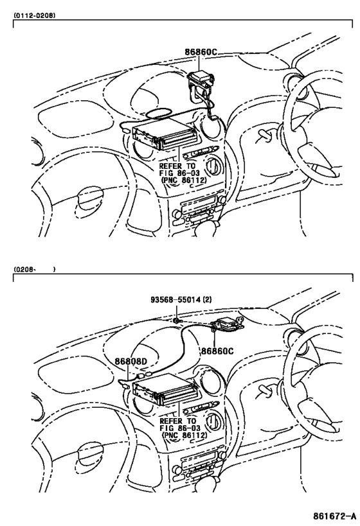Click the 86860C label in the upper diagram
click(x=201, y=52)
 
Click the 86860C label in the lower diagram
click(x=217, y=351)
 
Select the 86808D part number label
click(x=131, y=362)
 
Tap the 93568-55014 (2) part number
click(x=181, y=299)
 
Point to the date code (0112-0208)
click(x=35, y=15)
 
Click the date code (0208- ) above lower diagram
click(x=35, y=269)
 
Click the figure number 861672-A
click(x=334, y=516)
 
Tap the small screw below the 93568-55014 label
click(x=177, y=320)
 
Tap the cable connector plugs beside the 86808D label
click(x=145, y=374)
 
